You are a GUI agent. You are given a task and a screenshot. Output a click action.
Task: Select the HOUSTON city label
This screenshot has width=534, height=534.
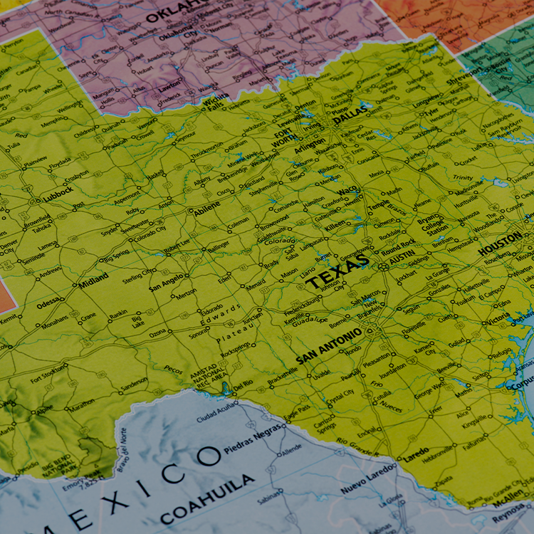500,245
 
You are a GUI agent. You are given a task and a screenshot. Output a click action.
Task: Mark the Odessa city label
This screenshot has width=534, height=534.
48,303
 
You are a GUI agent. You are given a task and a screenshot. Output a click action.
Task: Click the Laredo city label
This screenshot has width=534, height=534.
416,452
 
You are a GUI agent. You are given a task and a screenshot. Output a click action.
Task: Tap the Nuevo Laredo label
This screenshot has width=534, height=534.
368,481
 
